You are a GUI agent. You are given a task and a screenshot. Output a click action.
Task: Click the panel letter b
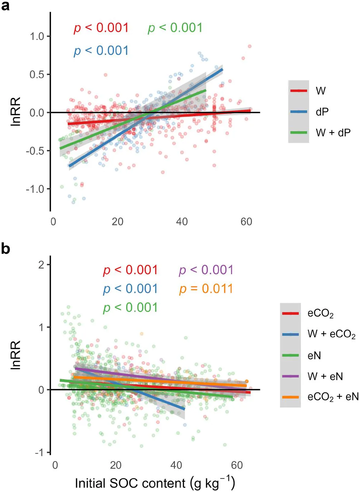[5, 248]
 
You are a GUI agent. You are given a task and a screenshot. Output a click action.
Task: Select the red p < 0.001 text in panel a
[101, 28]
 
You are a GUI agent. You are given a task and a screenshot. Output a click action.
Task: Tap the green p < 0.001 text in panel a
[175, 28]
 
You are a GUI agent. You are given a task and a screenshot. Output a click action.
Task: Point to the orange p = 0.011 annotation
[206, 289]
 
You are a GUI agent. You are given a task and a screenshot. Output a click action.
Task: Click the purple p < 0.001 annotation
[206, 270]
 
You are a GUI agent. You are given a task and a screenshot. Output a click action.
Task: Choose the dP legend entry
[322, 112]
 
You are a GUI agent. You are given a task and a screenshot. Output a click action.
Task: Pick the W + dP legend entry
[333, 133]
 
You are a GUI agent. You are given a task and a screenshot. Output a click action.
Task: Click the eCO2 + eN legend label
[333, 397]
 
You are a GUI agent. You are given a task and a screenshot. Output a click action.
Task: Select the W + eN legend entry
[325, 376]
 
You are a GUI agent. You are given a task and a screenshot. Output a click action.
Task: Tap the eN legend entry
[314, 356]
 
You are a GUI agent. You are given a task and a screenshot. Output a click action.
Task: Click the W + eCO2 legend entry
[331, 334]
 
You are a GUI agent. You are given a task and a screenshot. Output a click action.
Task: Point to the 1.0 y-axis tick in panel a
[37, 36]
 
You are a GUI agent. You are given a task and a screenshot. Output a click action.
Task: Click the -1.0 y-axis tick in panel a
[35, 189]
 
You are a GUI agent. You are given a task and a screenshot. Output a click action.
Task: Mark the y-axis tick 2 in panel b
[42, 265]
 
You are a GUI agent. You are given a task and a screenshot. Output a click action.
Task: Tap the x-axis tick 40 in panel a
[182, 222]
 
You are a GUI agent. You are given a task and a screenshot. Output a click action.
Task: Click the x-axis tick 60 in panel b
[237, 465]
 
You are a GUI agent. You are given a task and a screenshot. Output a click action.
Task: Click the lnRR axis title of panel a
[16, 111]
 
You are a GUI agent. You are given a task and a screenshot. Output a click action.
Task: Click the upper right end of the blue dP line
[222, 69]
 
